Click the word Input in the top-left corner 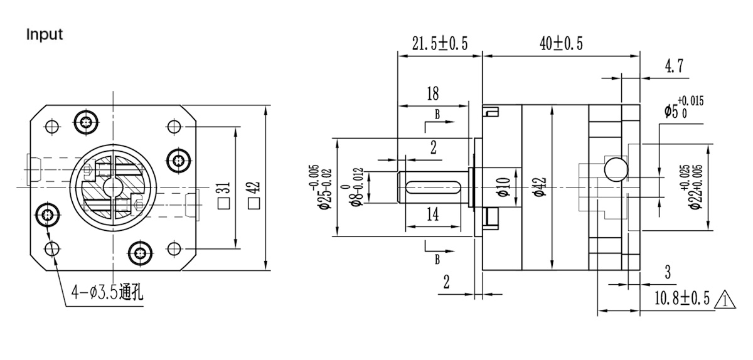point(45,34)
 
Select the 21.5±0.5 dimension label point(441,43)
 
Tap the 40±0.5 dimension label point(561,43)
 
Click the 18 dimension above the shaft point(432,94)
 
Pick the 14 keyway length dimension point(432,214)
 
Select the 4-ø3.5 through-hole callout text point(107,292)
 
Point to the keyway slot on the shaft point(433,186)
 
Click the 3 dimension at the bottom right point(668,272)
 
